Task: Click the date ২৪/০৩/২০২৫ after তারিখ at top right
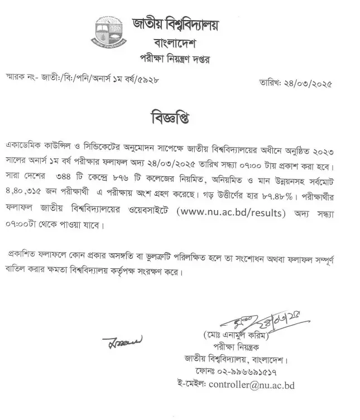[x=306, y=85]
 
